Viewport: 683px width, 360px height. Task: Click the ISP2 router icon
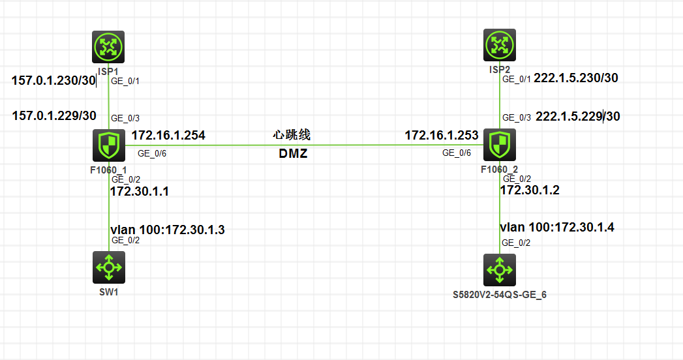500,46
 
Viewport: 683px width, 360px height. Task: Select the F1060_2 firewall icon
500,145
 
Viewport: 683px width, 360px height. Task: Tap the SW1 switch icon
108,267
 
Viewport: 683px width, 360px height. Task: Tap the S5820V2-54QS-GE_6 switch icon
500,269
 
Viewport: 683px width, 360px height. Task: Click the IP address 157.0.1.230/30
53,81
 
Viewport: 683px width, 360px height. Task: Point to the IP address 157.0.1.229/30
54,116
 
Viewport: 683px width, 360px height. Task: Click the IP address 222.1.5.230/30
576,78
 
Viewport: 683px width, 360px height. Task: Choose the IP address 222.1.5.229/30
578,117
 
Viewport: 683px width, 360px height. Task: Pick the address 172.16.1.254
168,136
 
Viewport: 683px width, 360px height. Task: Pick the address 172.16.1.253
442,136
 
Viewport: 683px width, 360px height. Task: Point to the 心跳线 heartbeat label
292,136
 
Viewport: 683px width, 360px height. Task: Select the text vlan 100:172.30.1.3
167,230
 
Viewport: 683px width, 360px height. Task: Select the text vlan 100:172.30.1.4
557,228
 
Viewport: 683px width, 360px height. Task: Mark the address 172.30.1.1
139,192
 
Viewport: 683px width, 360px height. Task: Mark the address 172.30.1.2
530,190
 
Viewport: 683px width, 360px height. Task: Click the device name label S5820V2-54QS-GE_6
500,295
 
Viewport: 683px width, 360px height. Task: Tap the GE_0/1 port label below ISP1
125,82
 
